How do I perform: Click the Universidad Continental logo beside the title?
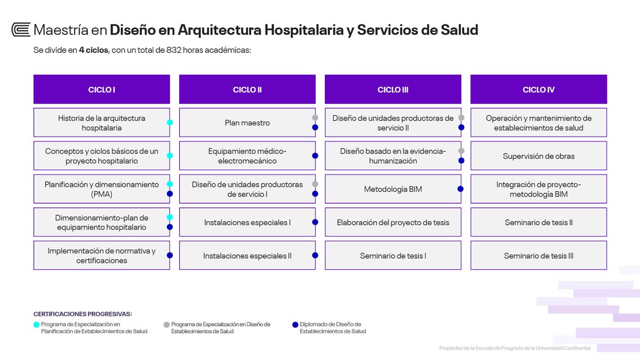(x=21, y=30)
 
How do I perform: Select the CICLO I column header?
(x=102, y=89)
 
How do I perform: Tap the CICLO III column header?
(x=393, y=89)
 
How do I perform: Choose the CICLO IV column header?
(x=539, y=89)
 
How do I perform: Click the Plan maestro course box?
(x=247, y=123)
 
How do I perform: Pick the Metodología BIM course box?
(x=393, y=189)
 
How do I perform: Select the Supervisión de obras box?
(x=539, y=156)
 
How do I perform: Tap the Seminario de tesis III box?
(x=539, y=255)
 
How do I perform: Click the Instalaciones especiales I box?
(x=247, y=222)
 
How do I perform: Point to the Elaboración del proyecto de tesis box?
(x=393, y=222)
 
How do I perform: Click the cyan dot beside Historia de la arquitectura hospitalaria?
(x=170, y=123)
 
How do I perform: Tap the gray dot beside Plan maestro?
(x=315, y=118)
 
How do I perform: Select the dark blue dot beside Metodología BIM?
(x=460, y=189)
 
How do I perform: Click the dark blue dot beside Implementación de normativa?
(x=170, y=255)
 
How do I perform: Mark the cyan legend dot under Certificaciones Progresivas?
(x=36, y=325)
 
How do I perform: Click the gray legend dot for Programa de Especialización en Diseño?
(x=166, y=325)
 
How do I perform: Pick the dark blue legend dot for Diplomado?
(x=295, y=325)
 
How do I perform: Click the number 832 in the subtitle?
(x=174, y=50)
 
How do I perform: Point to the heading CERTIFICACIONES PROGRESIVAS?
(x=83, y=314)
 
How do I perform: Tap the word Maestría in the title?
(x=61, y=30)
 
